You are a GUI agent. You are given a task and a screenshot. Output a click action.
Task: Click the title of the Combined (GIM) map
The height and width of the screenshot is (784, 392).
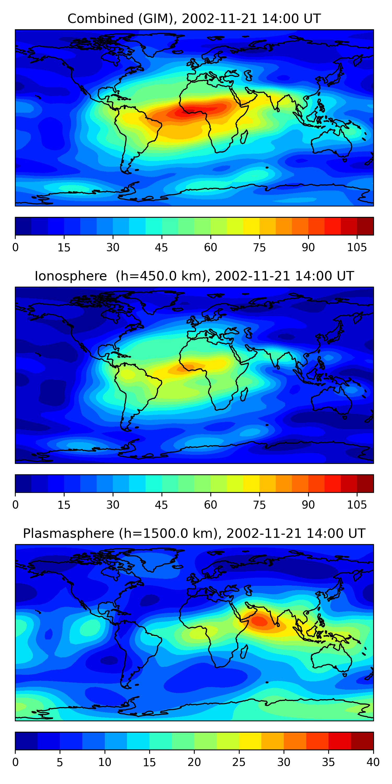[194, 19]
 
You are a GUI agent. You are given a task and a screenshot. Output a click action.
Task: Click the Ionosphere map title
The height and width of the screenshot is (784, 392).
[194, 276]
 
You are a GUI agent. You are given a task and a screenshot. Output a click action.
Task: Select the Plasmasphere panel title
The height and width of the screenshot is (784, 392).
[194, 534]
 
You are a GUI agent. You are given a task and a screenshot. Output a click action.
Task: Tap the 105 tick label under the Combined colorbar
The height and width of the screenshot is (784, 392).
[357, 247]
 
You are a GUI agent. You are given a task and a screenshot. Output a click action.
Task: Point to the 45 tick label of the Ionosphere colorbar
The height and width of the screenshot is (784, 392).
[161, 505]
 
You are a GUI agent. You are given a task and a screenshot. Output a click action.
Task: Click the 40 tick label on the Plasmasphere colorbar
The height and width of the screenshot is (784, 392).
[373, 762]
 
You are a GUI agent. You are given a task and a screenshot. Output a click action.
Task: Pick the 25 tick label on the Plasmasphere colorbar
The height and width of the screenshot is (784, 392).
[239, 762]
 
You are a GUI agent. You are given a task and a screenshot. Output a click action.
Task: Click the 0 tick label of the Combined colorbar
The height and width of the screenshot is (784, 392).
[15, 247]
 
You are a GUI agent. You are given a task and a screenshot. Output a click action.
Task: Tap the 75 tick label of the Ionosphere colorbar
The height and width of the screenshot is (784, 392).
[259, 505]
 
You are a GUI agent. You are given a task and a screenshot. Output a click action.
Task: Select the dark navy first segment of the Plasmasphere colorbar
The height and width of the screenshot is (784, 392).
[26, 741]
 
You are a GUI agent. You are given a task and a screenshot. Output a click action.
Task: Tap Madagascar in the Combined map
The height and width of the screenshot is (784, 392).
[244, 137]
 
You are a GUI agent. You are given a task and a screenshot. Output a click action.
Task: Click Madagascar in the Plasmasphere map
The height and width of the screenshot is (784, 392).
[244, 652]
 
